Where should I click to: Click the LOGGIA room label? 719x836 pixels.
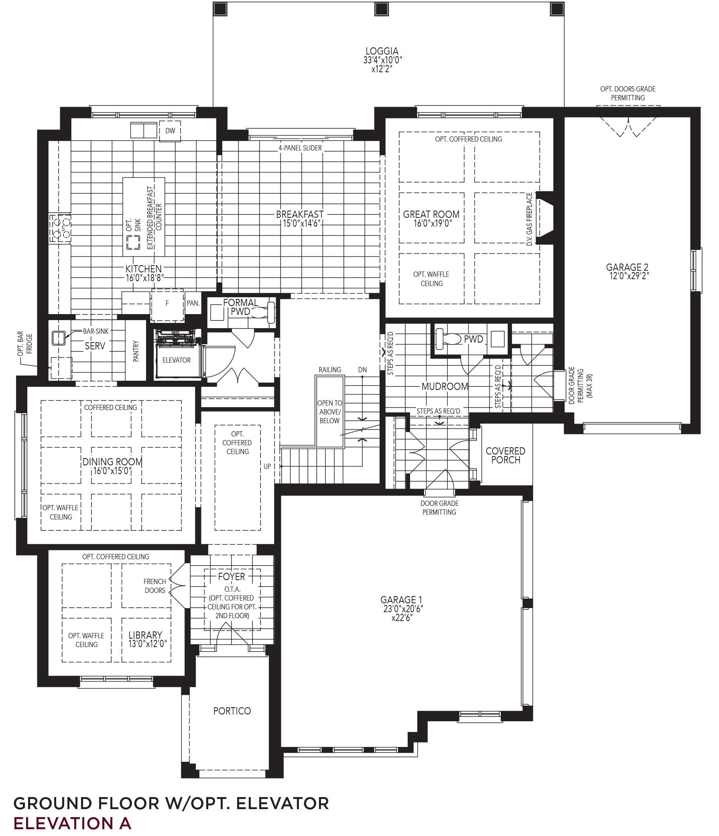pyautogui.click(x=382, y=51)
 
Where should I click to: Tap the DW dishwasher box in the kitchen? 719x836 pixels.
pyautogui.click(x=170, y=131)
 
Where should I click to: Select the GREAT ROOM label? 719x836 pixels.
pyautogui.click(x=431, y=214)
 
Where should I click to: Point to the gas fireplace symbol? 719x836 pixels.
pyautogui.click(x=544, y=218)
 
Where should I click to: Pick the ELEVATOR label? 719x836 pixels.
pyautogui.click(x=176, y=360)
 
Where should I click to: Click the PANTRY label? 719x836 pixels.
pyautogui.click(x=136, y=351)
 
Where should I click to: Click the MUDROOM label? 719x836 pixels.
pyautogui.click(x=445, y=387)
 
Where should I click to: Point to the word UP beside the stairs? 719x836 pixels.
pyautogui.click(x=267, y=467)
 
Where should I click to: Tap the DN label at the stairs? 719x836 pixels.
pyautogui.click(x=362, y=369)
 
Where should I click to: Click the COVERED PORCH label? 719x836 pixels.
pyautogui.click(x=506, y=455)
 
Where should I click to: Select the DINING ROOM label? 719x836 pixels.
pyautogui.click(x=112, y=462)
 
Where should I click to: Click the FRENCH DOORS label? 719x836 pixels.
pyautogui.click(x=155, y=586)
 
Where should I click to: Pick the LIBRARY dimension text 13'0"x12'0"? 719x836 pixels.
pyautogui.click(x=147, y=644)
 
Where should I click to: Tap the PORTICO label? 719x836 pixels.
pyautogui.click(x=232, y=710)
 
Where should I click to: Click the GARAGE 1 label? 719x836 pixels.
pyautogui.click(x=402, y=600)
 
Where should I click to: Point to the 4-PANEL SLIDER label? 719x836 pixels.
pyautogui.click(x=300, y=148)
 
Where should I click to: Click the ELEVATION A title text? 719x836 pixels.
pyautogui.click(x=73, y=823)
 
